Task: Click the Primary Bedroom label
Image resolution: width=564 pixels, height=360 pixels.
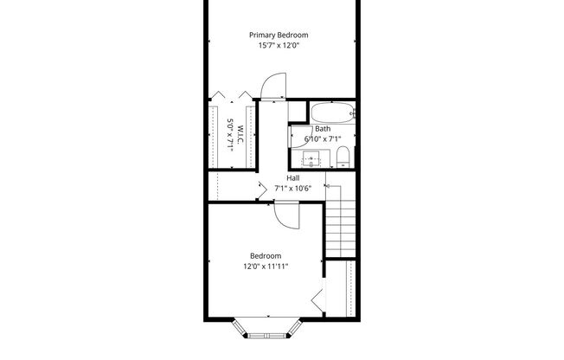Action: [x=279, y=35]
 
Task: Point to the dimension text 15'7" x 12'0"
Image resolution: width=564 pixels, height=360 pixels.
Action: [x=279, y=46]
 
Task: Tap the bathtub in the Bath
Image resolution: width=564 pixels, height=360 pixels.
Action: [x=332, y=112]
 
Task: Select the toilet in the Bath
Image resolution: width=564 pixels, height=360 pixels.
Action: [x=343, y=157]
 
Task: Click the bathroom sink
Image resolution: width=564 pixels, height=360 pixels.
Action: [x=311, y=158]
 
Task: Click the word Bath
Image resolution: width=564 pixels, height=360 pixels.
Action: [x=323, y=129]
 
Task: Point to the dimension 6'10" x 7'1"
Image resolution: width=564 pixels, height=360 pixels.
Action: [x=323, y=138]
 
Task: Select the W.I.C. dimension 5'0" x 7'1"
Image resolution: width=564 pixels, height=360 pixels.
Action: [x=231, y=135]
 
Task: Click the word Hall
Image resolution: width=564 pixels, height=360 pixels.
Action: [x=293, y=177]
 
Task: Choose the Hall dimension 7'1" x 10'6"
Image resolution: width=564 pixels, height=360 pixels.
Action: [x=293, y=188]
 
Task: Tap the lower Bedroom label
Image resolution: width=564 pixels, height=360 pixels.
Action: [x=266, y=255]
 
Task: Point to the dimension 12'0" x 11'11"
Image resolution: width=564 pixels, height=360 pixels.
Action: [x=266, y=267]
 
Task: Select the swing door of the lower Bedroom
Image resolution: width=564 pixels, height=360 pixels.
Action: [x=286, y=214]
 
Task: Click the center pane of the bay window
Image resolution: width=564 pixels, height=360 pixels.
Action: [x=266, y=334]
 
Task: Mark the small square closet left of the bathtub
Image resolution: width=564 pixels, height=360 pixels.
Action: [x=296, y=111]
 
